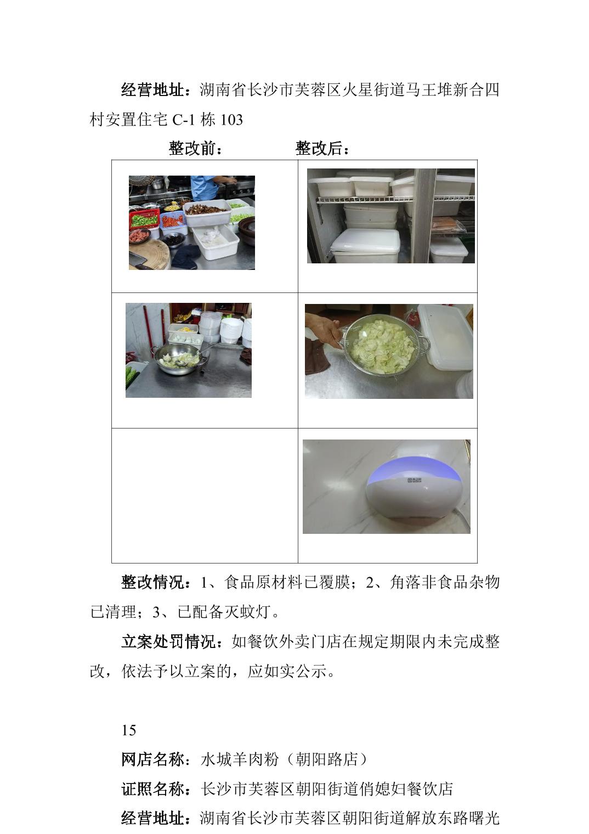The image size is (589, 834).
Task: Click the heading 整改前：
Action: pyautogui.click(x=196, y=149)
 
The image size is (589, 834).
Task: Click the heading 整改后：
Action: pyautogui.click(x=322, y=149)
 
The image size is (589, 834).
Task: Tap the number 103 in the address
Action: pyautogui.click(x=232, y=120)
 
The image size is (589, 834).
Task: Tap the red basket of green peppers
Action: pyautogui.click(x=144, y=219)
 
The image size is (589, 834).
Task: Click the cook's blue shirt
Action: pyautogui.click(x=204, y=187)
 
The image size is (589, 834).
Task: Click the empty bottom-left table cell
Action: pyautogui.click(x=205, y=495)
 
